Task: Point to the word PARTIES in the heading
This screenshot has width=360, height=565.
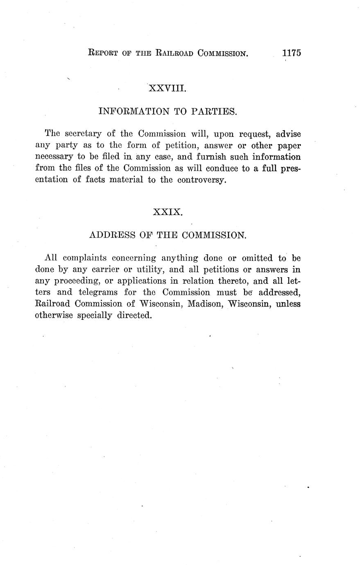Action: coord(215,111)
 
